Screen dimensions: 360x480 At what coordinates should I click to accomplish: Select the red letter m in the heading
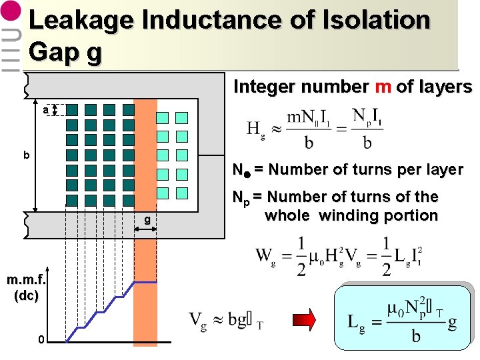click(x=383, y=87)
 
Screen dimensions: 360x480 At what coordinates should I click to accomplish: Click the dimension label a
click(x=45, y=109)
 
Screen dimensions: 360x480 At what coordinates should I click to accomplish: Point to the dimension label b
click(x=27, y=156)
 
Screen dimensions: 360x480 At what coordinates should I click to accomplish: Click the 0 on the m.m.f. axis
click(x=41, y=341)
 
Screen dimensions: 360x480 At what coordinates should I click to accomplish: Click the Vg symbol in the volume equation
click(x=198, y=322)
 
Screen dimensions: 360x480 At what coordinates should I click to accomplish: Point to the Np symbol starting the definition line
click(x=239, y=198)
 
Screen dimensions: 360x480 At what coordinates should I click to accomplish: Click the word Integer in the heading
click(x=265, y=87)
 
